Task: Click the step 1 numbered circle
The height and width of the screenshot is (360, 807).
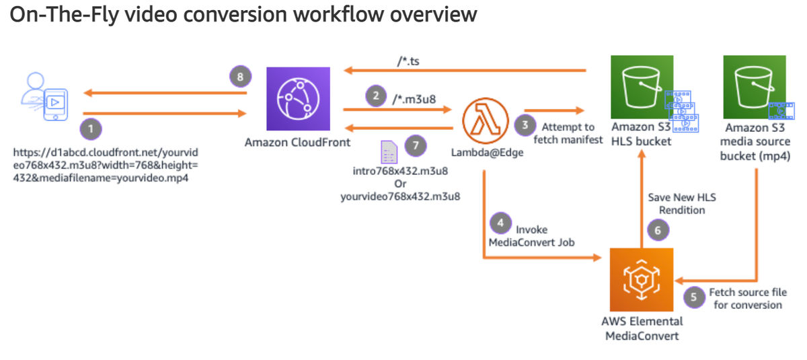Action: tap(89, 127)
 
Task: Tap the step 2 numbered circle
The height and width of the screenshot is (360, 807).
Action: tap(375, 96)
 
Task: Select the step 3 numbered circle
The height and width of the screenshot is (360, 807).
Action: tap(525, 124)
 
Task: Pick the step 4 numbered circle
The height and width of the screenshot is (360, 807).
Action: tap(498, 221)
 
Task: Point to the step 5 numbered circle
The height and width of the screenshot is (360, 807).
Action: tap(694, 295)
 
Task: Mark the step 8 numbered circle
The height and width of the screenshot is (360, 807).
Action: tap(238, 76)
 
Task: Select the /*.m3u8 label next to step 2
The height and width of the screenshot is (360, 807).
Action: tap(413, 99)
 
